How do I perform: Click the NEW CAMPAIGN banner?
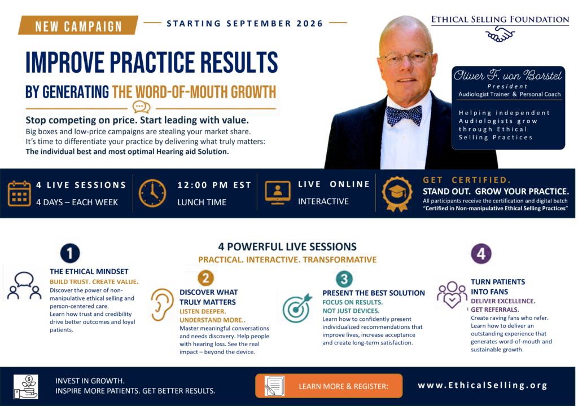[78, 25]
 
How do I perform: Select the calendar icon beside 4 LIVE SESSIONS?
[19, 193]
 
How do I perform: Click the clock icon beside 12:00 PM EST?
[152, 193]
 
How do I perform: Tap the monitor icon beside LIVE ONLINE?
[278, 192]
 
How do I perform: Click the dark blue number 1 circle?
[69, 253]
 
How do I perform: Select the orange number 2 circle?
[205, 278]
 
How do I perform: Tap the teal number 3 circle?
[344, 279]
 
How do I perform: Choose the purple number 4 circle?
[481, 254]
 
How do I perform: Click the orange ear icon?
[162, 304]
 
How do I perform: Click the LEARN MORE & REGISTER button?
[329, 386]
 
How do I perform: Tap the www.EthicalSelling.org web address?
[483, 385]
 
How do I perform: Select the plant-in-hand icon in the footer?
[26, 387]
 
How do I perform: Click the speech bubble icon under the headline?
[142, 107]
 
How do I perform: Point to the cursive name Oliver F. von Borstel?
[507, 75]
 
